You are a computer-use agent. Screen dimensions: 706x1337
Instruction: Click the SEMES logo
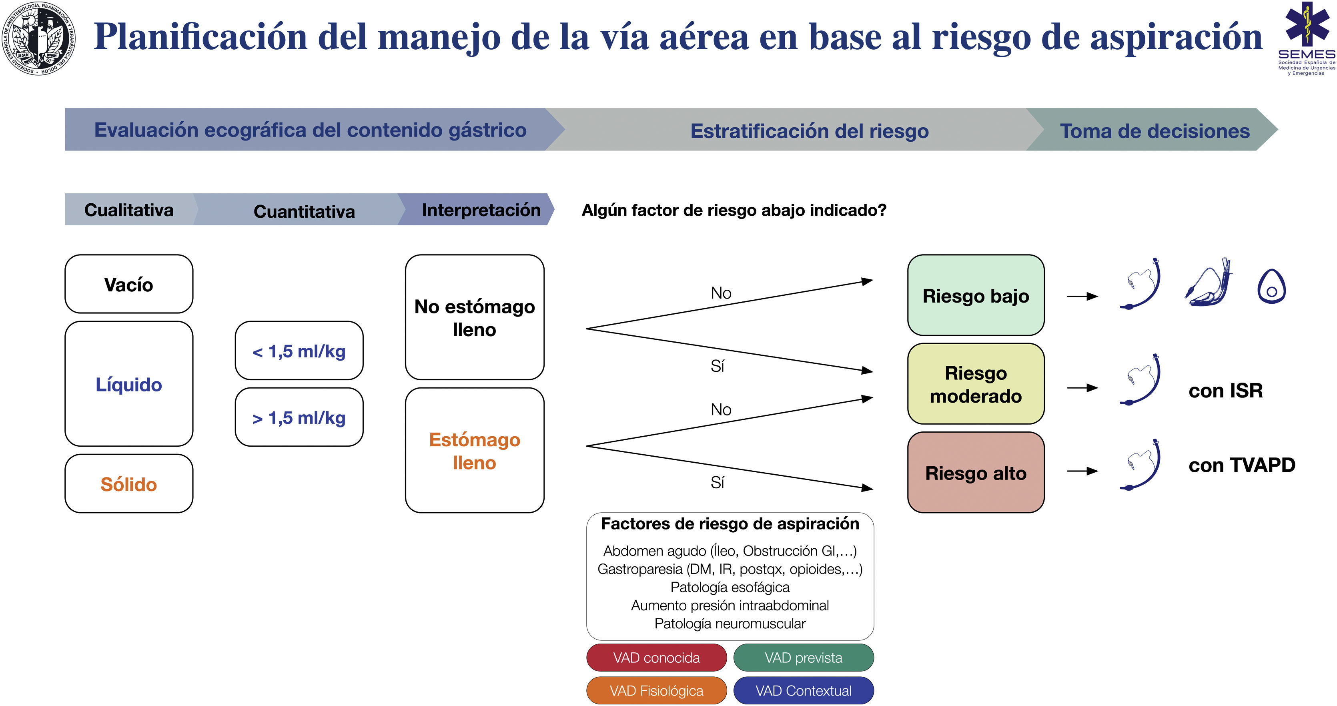pyautogui.click(x=1306, y=39)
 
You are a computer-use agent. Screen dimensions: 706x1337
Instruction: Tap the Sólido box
pyautogui.click(x=129, y=484)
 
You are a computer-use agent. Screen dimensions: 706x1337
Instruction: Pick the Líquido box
pyautogui.click(x=129, y=384)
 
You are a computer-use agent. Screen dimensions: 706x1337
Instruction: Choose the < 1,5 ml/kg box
pyautogui.click(x=299, y=351)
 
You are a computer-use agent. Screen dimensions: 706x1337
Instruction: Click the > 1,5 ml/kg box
pyautogui.click(x=299, y=417)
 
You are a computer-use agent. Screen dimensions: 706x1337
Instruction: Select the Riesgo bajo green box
pyautogui.click(x=976, y=295)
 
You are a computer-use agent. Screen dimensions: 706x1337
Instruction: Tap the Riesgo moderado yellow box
pyautogui.click(x=976, y=384)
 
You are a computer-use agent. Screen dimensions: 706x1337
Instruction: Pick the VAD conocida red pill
pyautogui.click(x=657, y=658)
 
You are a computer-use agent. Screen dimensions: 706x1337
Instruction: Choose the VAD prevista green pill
pyautogui.click(x=804, y=658)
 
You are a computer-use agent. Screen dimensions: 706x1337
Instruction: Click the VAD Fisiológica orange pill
pyautogui.click(x=657, y=690)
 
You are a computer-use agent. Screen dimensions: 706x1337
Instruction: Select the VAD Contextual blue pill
pyautogui.click(x=804, y=690)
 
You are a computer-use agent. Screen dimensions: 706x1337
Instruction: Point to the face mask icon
pyautogui.click(x=1272, y=287)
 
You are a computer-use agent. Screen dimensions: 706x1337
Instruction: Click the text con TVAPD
pyautogui.click(x=1241, y=465)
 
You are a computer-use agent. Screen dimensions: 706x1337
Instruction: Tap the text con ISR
pyautogui.click(x=1225, y=390)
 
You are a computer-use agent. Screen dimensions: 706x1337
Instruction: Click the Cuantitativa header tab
pyautogui.click(x=304, y=211)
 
